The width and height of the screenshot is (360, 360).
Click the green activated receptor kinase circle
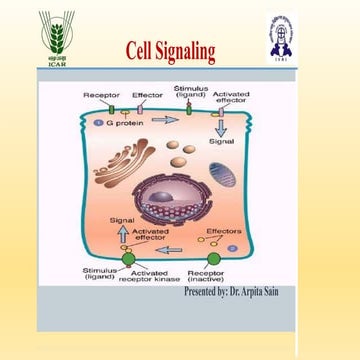point(128,259)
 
